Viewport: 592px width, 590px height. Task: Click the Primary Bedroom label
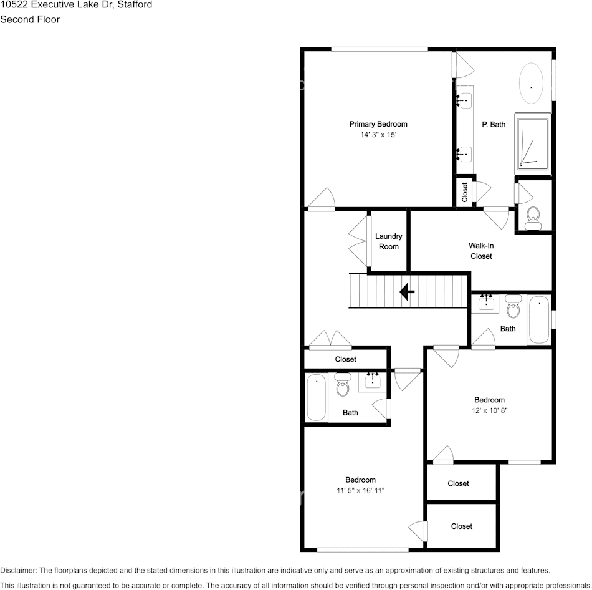click(x=378, y=124)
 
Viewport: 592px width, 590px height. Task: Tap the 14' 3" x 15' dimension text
click(x=378, y=135)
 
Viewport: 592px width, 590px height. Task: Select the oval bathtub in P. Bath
click(x=532, y=84)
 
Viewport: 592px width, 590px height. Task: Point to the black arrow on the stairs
click(x=408, y=291)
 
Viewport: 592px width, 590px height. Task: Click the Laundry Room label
click(x=388, y=241)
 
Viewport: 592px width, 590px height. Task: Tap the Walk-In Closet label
click(x=481, y=251)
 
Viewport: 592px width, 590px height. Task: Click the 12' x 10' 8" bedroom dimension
click(x=489, y=410)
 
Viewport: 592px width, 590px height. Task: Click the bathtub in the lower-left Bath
click(x=317, y=397)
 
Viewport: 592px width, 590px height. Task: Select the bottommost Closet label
click(x=462, y=526)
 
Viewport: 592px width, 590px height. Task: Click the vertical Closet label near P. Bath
click(x=465, y=192)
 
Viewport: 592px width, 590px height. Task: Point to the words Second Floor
click(x=30, y=19)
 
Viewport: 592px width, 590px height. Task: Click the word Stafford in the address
click(x=135, y=4)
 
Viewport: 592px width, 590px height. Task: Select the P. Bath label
click(x=494, y=125)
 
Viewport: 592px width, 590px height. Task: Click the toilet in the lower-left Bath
click(x=343, y=387)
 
